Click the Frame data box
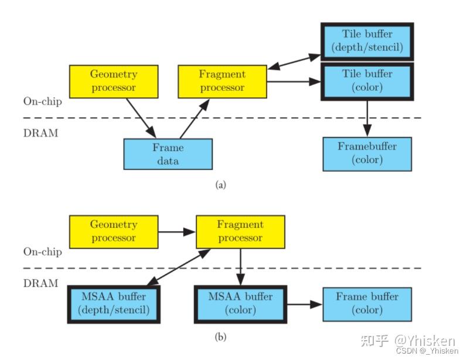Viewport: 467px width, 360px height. [168, 154]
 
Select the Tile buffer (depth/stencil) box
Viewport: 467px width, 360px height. [367, 41]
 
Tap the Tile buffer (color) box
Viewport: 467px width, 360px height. [367, 81]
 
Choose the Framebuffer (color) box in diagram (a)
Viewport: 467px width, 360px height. [367, 152]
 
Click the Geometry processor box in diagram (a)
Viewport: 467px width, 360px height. [114, 80]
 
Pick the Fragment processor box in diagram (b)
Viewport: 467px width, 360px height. [240, 231]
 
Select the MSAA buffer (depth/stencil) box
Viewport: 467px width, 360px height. [114, 303]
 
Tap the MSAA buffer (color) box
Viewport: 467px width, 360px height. [240, 303]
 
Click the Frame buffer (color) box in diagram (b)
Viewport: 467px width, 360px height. [367, 303]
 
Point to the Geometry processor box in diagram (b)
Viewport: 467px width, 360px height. [114, 231]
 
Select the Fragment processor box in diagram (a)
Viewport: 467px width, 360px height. [221, 80]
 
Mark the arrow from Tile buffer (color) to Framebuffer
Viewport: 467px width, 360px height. [367, 119]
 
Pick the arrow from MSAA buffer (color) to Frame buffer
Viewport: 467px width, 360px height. [304, 304]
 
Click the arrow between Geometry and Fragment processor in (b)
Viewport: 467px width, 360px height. [177, 232]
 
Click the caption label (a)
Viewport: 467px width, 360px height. [220, 185]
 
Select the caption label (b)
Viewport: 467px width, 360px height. [220, 337]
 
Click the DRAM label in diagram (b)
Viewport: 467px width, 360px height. [40, 283]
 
